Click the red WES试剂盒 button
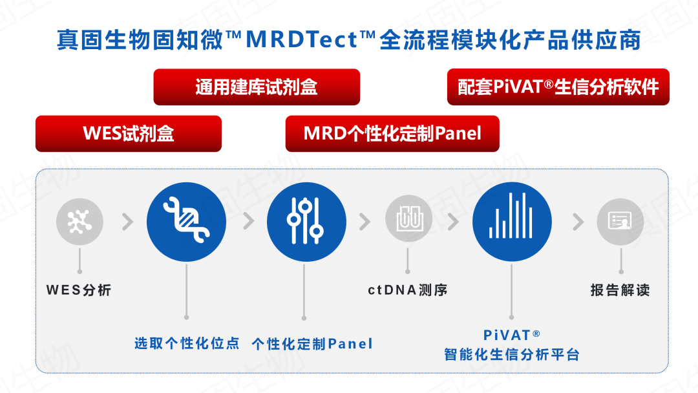129,134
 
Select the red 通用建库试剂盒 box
257,87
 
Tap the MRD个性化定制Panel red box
392,134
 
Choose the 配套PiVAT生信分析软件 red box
558,87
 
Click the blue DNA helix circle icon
187,222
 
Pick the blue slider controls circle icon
306,222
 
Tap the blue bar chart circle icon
512,222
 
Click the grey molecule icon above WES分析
79,222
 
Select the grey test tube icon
408,218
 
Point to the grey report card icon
620,222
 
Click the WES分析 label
79,290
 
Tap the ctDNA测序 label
408,290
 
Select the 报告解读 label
620,290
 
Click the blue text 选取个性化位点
187,343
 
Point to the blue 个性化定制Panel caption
312,344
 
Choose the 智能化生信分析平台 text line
512,355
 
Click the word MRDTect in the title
302,39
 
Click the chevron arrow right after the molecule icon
128,222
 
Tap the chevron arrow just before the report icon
578,222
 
